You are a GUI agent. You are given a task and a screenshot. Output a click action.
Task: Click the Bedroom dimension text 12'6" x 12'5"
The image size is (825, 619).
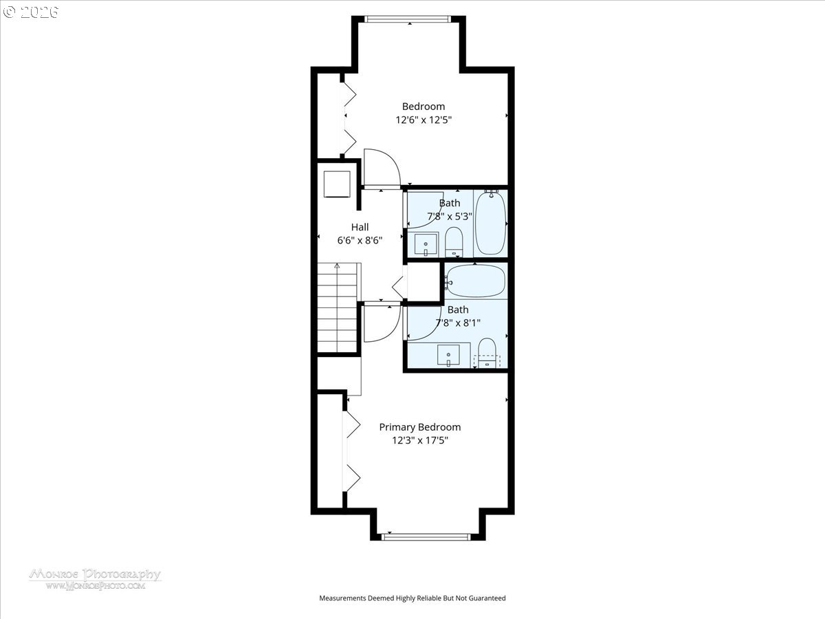423,120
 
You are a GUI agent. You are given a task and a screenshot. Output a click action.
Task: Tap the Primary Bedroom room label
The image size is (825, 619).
420,427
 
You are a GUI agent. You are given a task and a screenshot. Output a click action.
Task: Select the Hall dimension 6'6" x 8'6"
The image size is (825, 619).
360,240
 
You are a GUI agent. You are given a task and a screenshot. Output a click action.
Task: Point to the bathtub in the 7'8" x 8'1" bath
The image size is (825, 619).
476,281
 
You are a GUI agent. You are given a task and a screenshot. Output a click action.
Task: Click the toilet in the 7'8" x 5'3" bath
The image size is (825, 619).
454,242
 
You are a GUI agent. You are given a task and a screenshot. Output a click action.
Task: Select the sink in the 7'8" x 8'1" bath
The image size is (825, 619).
448,355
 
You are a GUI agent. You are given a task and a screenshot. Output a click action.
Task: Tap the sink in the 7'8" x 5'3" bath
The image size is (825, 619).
426,244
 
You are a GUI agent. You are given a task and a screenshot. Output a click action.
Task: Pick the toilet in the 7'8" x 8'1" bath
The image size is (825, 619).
487,351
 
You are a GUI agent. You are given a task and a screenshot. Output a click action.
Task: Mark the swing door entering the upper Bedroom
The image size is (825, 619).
380,168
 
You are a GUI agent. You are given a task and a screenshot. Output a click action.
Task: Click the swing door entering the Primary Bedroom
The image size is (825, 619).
380,323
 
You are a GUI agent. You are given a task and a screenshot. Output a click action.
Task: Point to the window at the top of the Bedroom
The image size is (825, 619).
410,19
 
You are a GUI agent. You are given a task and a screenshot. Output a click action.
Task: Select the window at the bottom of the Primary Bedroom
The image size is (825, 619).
426,536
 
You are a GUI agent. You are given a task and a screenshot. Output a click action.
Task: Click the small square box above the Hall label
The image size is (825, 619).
337,184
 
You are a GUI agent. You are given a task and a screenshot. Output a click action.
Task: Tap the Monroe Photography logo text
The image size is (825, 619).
95,574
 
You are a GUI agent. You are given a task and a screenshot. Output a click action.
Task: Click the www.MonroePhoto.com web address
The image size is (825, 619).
95,586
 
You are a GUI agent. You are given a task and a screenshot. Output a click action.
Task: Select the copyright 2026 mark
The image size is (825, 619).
31,12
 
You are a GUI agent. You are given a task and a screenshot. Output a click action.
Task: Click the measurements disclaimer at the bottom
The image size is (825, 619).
412,598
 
